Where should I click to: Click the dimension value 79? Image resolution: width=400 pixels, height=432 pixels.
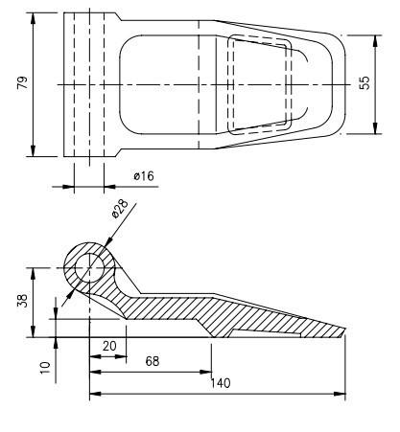(x=22, y=83)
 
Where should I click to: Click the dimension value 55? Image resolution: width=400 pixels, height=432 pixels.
(x=364, y=83)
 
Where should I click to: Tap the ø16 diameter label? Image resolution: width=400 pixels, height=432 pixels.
(x=143, y=175)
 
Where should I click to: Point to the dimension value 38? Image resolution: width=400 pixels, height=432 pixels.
(x=22, y=300)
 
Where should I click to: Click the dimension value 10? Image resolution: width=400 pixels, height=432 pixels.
(x=44, y=365)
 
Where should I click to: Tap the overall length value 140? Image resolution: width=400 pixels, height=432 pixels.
(x=221, y=384)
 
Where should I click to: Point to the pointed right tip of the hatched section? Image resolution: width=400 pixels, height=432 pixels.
(x=344, y=336)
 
